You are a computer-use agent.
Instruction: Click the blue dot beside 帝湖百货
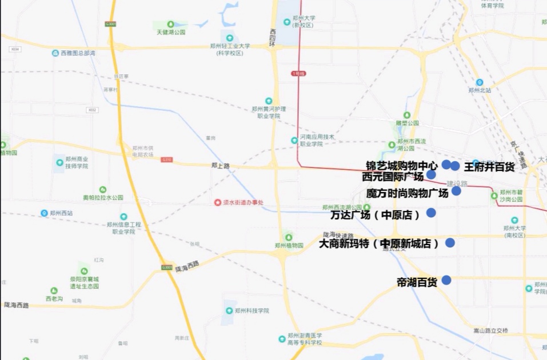point(446,280)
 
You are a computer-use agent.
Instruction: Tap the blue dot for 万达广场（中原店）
point(431,213)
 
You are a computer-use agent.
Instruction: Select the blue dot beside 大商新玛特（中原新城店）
point(450,242)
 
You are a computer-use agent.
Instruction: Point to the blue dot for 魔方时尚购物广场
point(456,191)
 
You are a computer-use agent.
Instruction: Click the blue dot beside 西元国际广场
point(432,174)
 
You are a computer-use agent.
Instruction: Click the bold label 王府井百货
point(489,167)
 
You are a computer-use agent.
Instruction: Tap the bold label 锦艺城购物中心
point(402,166)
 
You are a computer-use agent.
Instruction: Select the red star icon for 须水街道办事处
point(217,202)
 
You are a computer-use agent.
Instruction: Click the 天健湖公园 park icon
point(170,24)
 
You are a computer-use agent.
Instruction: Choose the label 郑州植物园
point(289,246)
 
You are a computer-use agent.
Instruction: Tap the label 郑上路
point(220,165)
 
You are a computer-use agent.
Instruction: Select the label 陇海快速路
point(338,235)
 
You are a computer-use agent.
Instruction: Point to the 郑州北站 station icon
point(480,82)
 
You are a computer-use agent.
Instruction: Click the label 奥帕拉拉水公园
point(103,198)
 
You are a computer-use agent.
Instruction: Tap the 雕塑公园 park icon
point(407,115)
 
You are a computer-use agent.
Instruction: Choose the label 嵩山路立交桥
point(490,331)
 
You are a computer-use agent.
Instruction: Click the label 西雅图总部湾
point(78,53)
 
